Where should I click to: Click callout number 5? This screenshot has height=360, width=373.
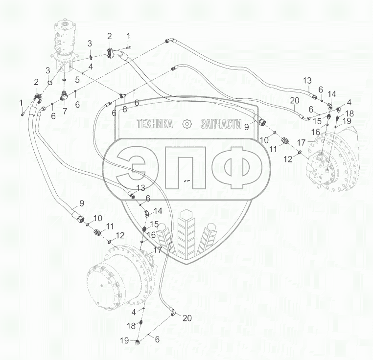point(77,80)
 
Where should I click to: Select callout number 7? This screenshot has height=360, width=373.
point(65,111)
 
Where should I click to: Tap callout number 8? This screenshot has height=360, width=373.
point(125,109)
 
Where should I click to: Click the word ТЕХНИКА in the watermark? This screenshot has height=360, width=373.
point(155,124)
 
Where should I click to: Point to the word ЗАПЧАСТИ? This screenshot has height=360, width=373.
point(221,124)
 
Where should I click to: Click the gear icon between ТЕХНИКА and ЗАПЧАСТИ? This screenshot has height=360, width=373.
point(186,124)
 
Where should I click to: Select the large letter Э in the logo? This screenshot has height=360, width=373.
point(131,168)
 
